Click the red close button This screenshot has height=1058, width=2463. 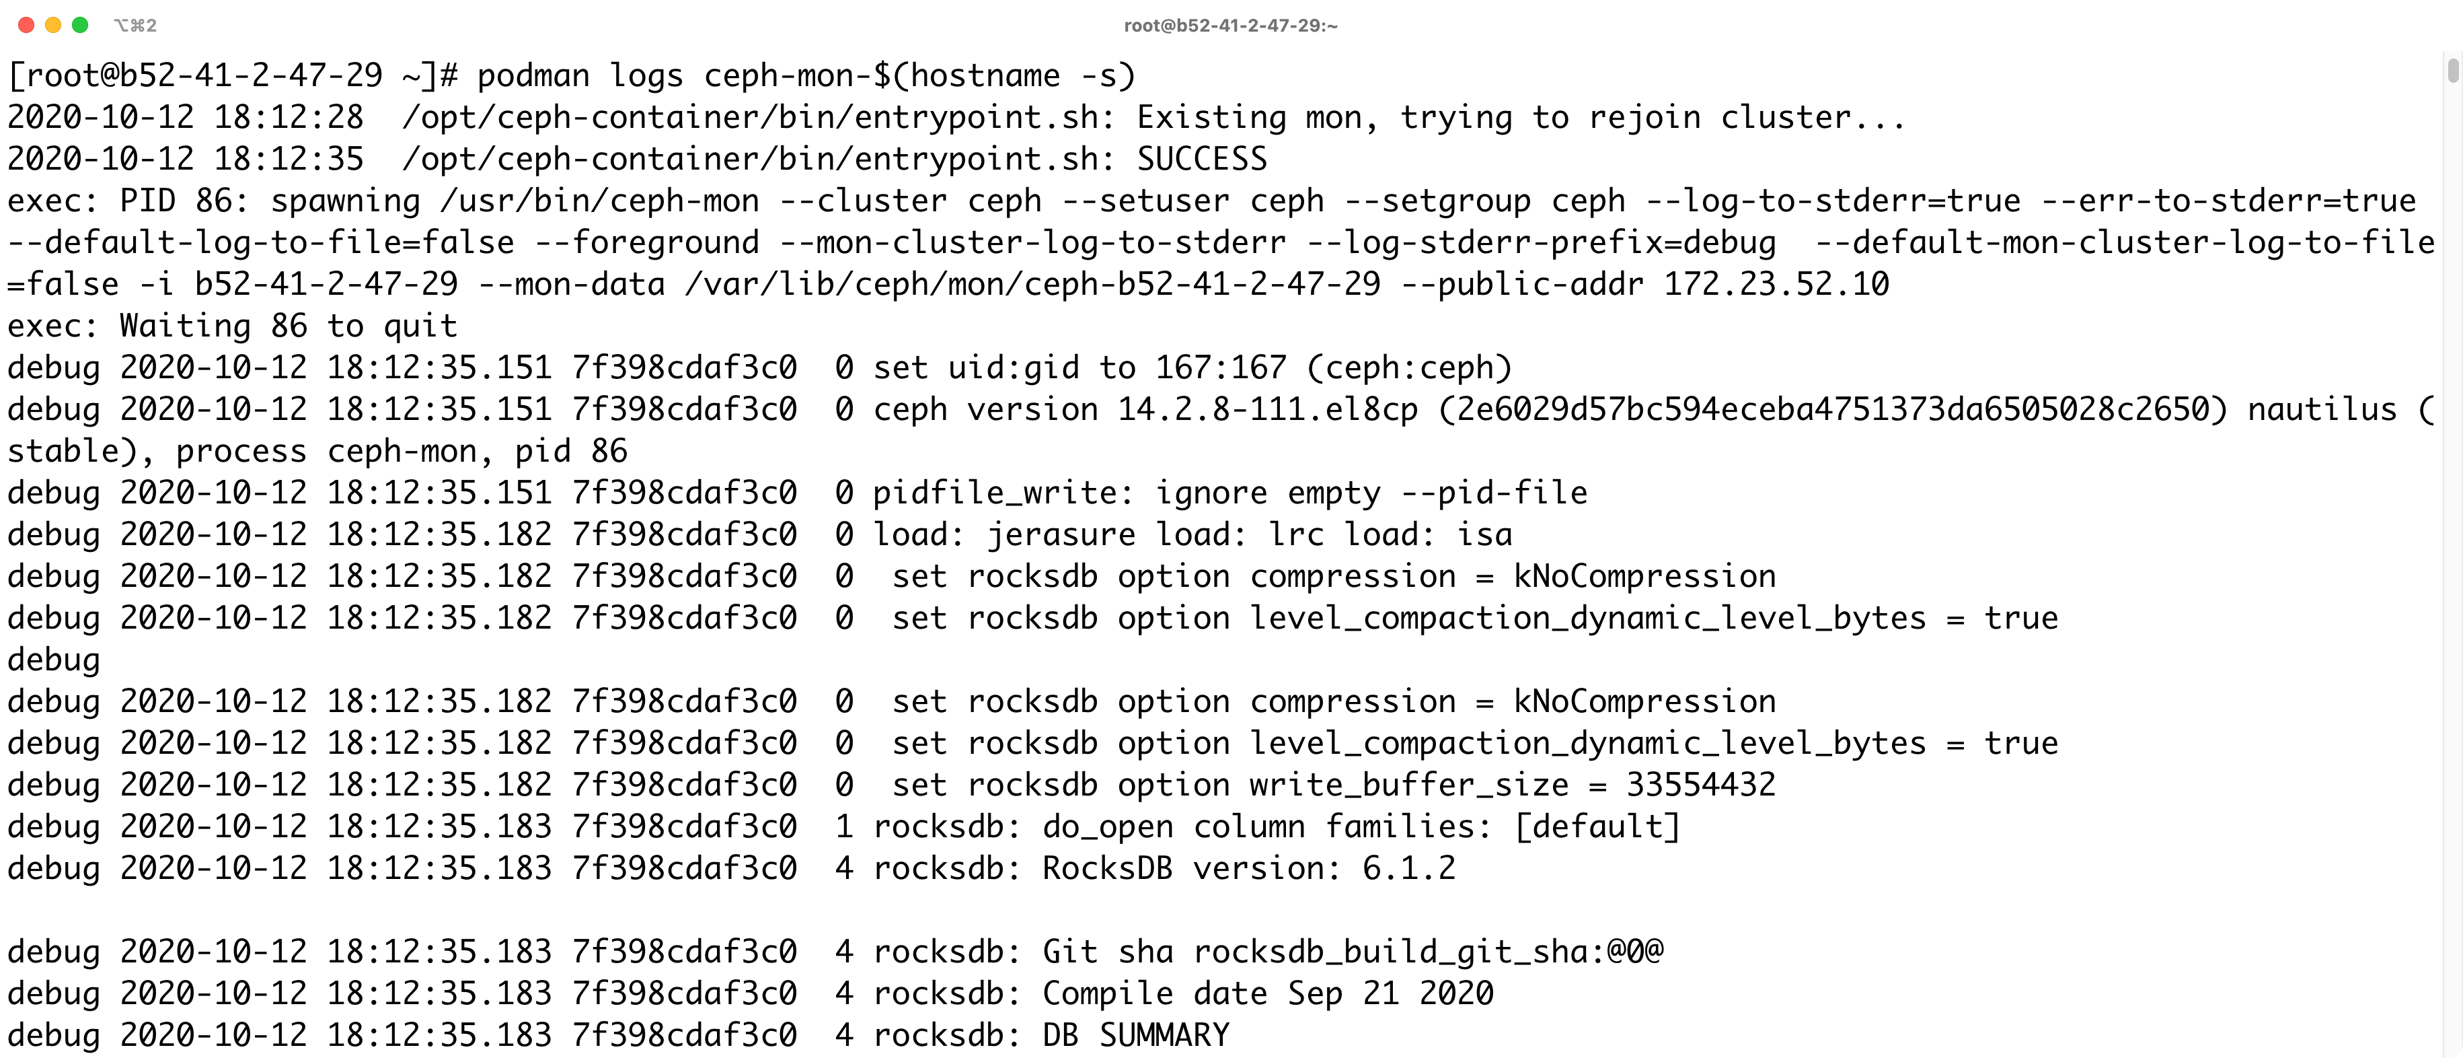26,25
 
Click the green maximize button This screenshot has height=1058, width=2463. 80,25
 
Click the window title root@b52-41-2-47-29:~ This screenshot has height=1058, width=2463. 1231,26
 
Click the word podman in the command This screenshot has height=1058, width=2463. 533,75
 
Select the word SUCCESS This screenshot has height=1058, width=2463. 1202,159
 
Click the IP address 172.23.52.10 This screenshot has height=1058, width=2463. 1776,284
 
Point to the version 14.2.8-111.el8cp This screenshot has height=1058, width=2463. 1268,409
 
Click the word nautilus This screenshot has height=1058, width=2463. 2322,409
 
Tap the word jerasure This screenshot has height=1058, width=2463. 1061,535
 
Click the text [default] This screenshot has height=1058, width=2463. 1597,826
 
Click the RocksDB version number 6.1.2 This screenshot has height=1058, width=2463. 1408,869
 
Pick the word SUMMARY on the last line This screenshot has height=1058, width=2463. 1164,1035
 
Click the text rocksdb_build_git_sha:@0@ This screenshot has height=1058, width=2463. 1429,952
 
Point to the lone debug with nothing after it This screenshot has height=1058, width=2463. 54,660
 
